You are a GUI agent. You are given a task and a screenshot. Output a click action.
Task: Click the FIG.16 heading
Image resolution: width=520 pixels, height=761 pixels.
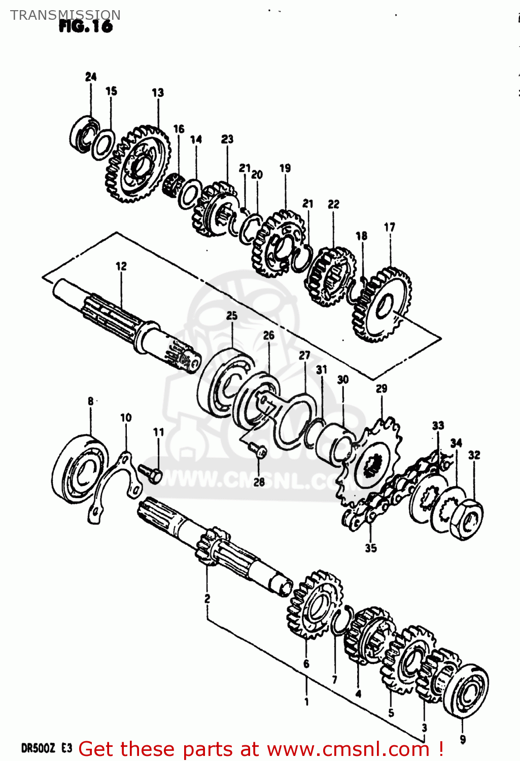85,26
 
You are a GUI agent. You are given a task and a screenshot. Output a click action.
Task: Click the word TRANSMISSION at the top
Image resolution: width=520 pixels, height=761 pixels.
65,15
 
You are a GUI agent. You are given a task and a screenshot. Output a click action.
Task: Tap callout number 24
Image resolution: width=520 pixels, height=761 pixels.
91,77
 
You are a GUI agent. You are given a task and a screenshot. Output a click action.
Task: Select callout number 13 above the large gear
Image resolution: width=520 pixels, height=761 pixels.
158,92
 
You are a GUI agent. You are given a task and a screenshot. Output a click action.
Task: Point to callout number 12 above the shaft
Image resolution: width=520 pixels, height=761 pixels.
121,266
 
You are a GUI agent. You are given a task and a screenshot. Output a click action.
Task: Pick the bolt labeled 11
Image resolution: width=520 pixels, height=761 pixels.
151,473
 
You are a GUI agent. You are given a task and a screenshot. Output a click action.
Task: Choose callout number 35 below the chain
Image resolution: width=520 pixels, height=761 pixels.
371,548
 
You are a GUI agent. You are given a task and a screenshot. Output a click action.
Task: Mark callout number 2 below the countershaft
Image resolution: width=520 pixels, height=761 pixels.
207,599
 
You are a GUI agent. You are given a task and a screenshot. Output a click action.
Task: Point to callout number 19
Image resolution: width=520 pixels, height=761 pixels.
285,168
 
